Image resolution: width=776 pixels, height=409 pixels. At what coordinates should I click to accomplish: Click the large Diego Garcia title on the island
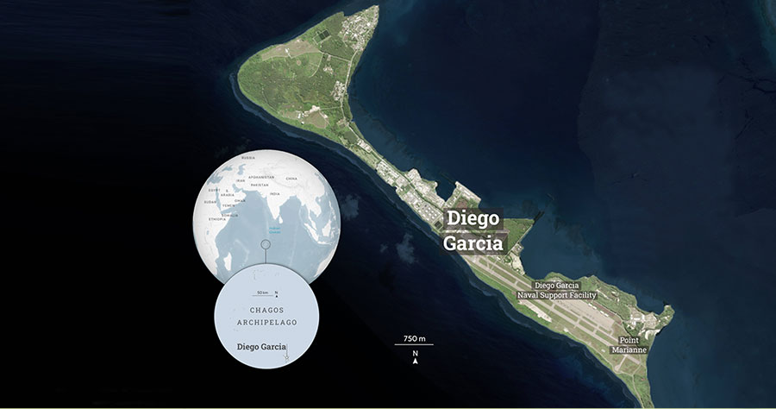[x=474, y=230]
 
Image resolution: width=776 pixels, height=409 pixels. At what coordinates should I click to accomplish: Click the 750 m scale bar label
[x=414, y=337]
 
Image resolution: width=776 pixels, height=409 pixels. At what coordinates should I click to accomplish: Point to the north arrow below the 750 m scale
[x=415, y=358]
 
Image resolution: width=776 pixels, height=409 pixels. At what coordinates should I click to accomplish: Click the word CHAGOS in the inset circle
[x=266, y=310]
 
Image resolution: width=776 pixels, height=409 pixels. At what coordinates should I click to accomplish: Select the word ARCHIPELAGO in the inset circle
[x=266, y=323]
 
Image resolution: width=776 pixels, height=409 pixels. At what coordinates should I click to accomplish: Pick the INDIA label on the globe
[x=275, y=194]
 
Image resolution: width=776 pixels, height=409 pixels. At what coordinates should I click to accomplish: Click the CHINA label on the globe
[x=291, y=179]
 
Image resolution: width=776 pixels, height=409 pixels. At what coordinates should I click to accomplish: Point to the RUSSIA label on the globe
[x=248, y=158]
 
